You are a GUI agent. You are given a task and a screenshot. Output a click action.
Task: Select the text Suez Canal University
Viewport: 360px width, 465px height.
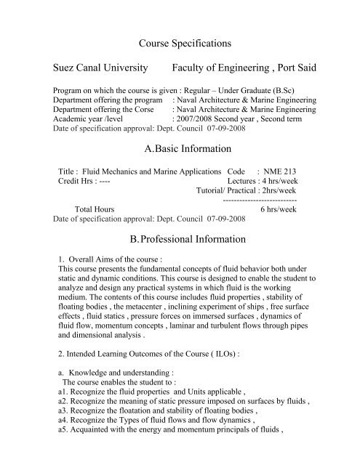pos(95,69)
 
